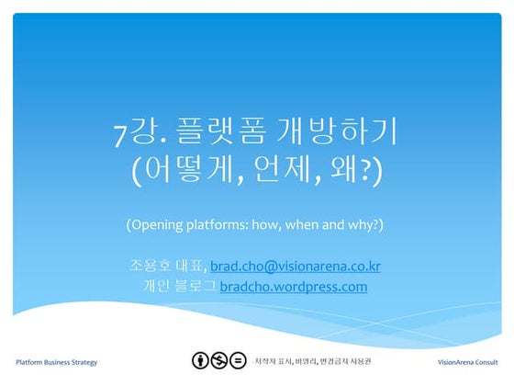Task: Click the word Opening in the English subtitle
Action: coord(161,225)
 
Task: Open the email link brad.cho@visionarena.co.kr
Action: coord(295,267)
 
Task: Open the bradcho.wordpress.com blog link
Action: coord(293,287)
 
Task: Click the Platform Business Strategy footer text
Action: coord(57,362)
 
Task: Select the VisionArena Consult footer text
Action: coord(469,362)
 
